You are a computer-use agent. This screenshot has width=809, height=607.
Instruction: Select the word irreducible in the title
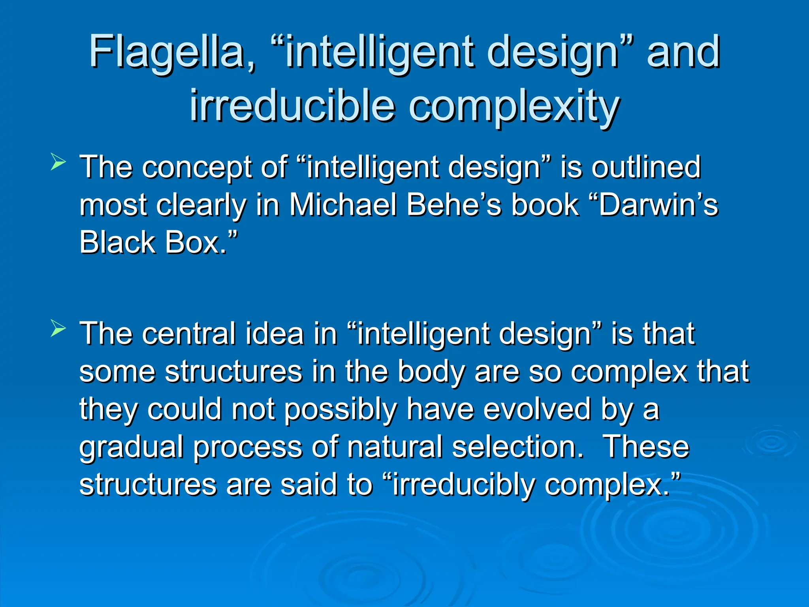pyautogui.click(x=292, y=106)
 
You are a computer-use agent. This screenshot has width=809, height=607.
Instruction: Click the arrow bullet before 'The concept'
pyautogui.click(x=58, y=162)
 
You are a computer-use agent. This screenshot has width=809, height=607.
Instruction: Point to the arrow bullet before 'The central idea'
pyautogui.click(x=58, y=329)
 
